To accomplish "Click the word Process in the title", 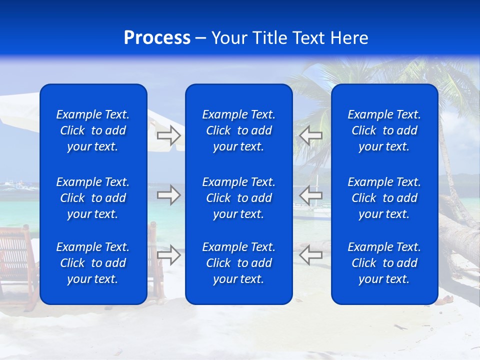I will tap(157, 38).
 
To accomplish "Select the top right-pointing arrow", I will tap(168, 135).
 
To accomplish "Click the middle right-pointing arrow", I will tap(168, 195).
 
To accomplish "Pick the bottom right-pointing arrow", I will tap(168, 255).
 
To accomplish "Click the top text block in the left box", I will tap(93, 130).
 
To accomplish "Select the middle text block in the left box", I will tap(93, 198).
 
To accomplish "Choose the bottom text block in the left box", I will tap(93, 263).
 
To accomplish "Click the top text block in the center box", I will tap(238, 130).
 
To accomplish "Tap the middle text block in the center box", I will tap(238, 198).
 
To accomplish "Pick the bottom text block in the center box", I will tap(238, 263).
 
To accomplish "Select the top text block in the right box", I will tap(384, 130).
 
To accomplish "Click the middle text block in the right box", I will tap(384, 198).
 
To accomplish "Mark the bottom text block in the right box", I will tap(384, 263).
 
